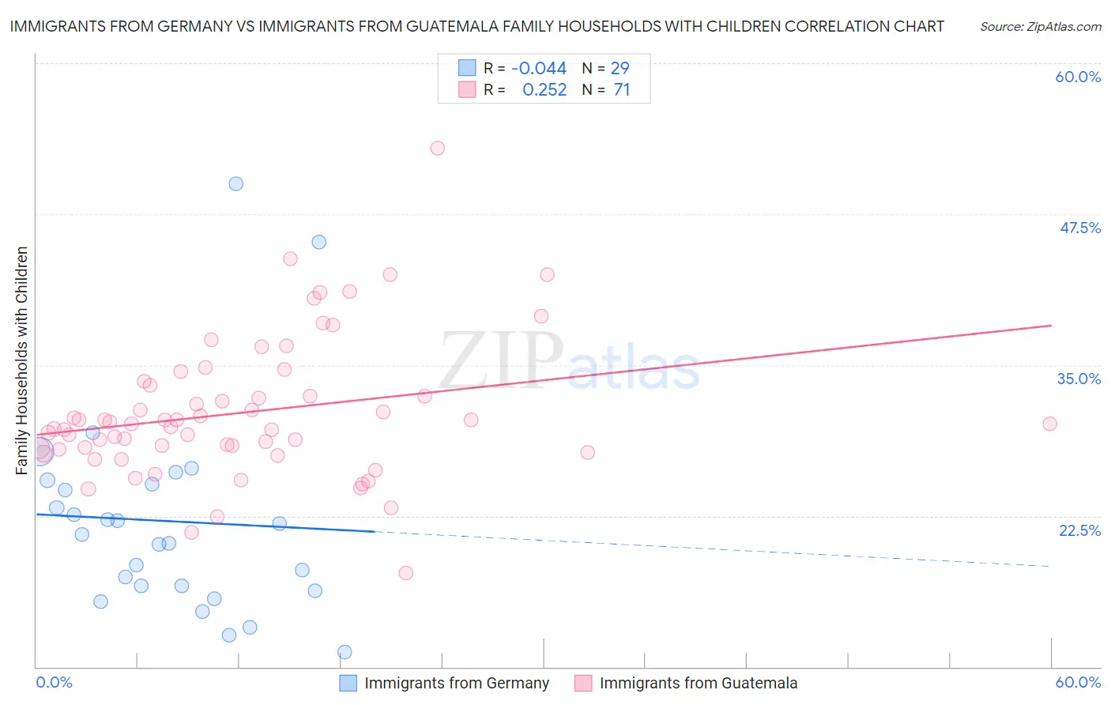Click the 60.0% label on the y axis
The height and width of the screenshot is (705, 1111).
1078,77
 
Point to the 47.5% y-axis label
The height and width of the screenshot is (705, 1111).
1079,228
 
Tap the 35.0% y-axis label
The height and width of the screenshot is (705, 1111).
1079,379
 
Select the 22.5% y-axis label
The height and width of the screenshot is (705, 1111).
1079,530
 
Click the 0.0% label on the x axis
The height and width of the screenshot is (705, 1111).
55,682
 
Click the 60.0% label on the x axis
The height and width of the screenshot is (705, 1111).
1078,682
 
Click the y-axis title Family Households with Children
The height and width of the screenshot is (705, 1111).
21,360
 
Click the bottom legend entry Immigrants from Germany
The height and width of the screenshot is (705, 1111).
456,683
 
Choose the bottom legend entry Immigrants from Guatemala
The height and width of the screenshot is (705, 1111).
698,683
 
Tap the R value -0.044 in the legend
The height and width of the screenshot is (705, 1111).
539,69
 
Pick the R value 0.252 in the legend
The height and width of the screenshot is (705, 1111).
544,90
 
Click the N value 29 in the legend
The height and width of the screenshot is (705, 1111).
620,69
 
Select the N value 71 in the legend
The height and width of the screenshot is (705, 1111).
622,90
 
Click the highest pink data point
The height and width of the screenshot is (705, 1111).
437,148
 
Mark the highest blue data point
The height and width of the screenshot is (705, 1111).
235,183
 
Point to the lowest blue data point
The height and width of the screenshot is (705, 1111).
345,652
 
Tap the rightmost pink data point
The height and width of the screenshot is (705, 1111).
1049,424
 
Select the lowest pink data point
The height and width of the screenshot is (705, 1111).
405,573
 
